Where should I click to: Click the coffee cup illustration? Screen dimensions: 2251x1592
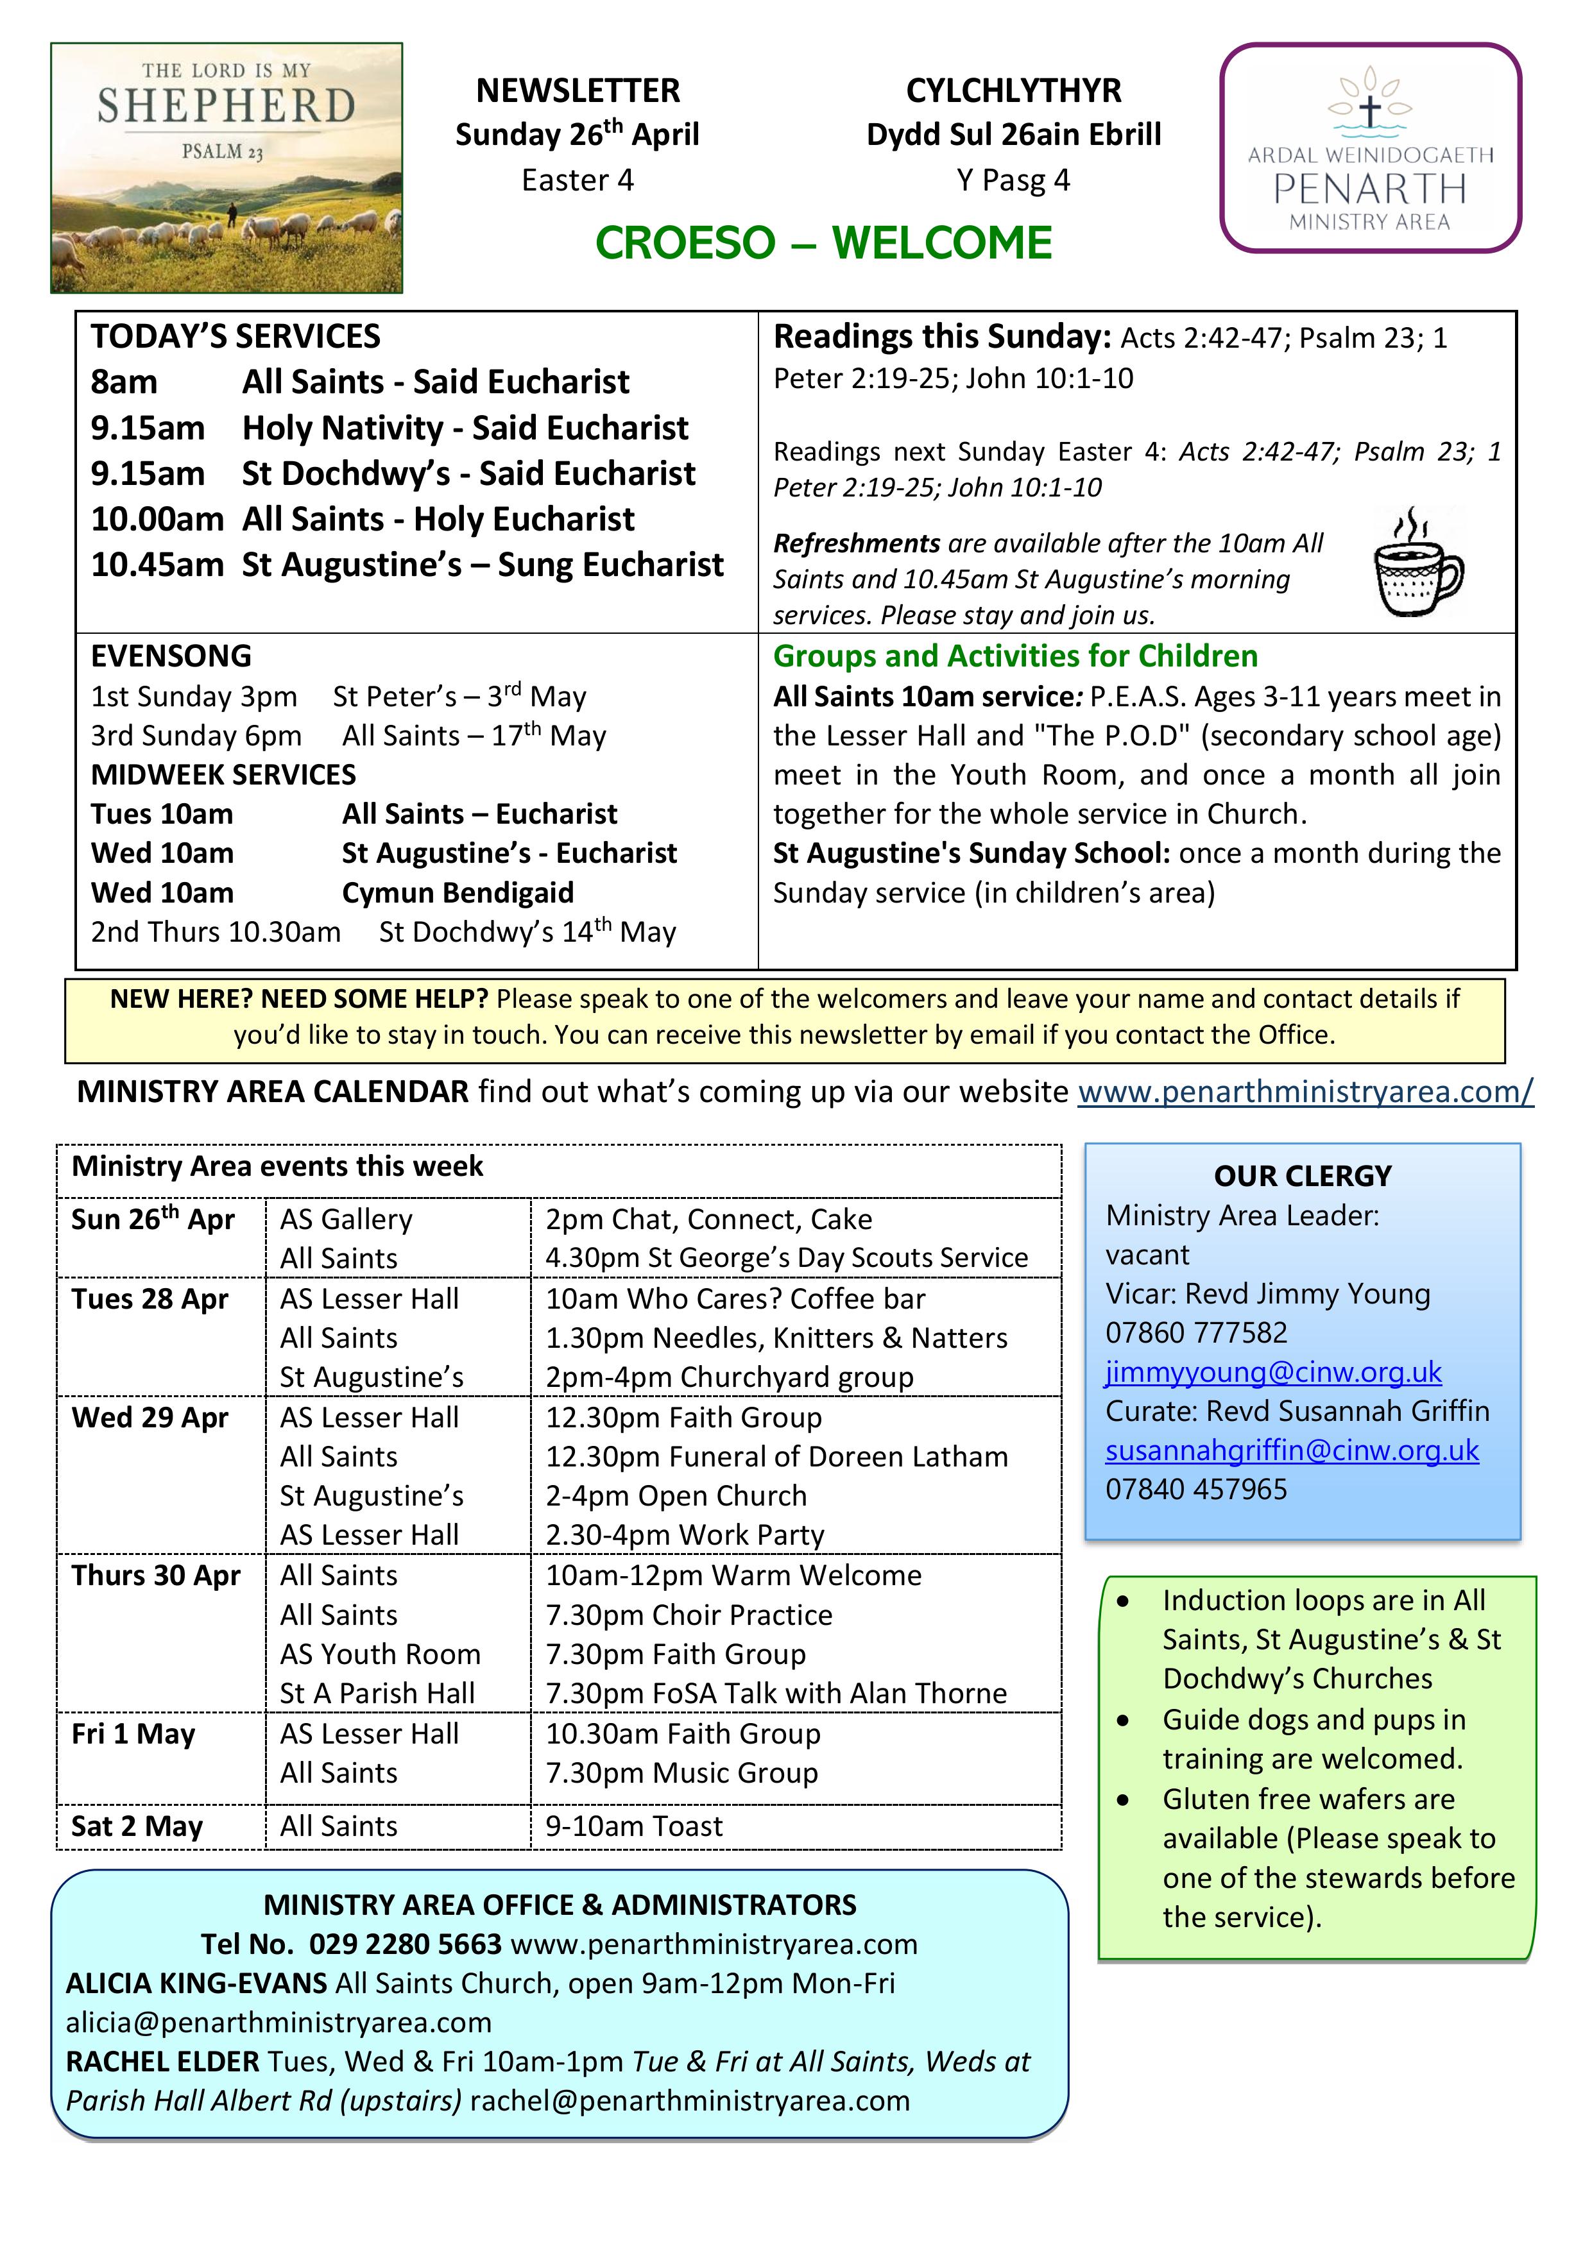click(x=1417, y=563)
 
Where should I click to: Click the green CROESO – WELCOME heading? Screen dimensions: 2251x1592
click(x=823, y=243)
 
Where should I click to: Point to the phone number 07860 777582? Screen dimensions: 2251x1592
click(x=1195, y=1332)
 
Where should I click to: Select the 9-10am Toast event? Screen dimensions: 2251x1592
click(x=634, y=1826)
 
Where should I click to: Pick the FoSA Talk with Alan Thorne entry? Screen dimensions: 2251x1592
click(x=776, y=1693)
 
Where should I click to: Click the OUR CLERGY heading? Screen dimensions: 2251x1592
click(x=1303, y=1175)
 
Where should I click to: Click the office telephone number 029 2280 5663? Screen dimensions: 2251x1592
click(x=405, y=1944)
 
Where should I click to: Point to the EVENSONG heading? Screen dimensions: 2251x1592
click(x=172, y=656)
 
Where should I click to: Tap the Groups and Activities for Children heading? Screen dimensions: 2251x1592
click(x=1015, y=656)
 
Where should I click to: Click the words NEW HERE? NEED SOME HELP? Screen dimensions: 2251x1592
click(x=299, y=999)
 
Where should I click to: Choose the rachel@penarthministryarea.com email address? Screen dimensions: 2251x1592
click(x=690, y=2101)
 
